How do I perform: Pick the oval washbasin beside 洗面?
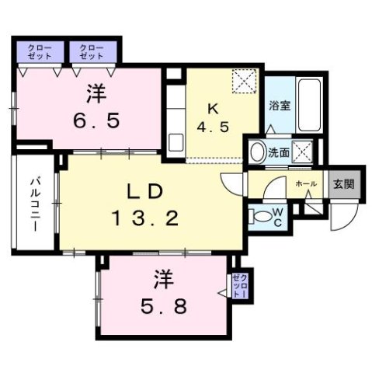pyautogui.click(x=257, y=152)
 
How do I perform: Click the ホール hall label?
pyautogui.click(x=305, y=183)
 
